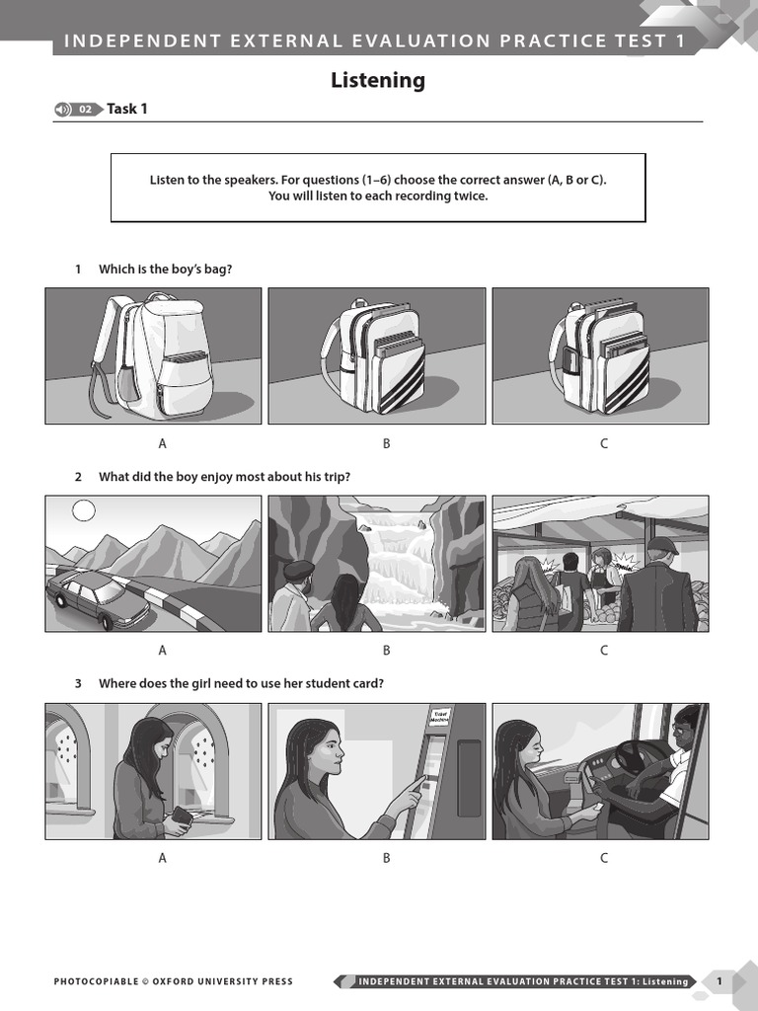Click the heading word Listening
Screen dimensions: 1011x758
click(378, 81)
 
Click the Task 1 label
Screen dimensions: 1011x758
click(127, 109)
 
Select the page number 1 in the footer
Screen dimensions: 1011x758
click(720, 980)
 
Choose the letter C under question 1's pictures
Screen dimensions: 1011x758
click(604, 443)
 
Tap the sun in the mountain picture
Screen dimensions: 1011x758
click(84, 510)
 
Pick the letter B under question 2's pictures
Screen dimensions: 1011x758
click(387, 650)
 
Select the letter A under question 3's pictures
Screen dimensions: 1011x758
click(163, 857)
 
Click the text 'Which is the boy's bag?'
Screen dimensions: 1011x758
click(165, 269)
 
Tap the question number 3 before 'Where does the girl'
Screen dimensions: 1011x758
click(78, 683)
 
